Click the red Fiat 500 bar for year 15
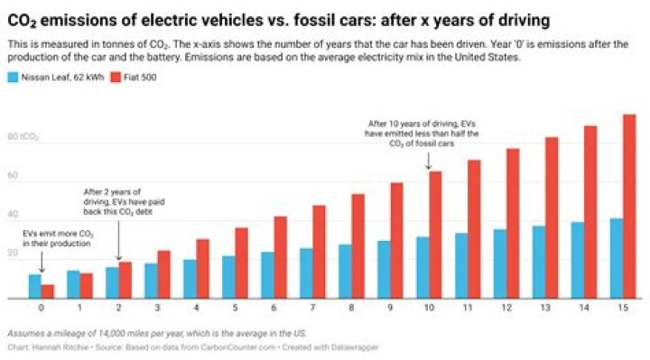tap(629, 207)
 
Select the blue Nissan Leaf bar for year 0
tap(34, 286)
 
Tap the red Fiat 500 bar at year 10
tap(435, 235)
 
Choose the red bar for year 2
tap(125, 280)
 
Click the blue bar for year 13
tap(538, 262)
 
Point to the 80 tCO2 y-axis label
tap(23, 137)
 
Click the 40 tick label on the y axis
tap(13, 215)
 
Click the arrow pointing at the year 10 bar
tap(430, 161)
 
